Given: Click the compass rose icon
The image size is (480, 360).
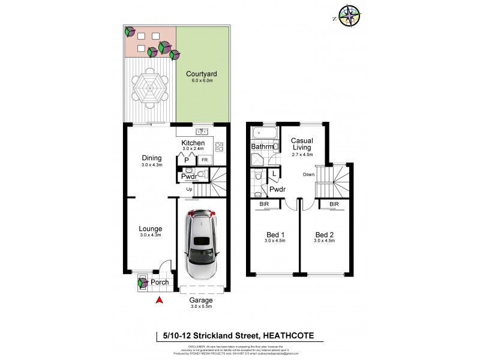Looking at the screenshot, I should (349, 16).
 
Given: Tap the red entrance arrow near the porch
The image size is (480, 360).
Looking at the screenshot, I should (159, 300).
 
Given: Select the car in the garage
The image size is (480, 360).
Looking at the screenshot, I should (202, 244).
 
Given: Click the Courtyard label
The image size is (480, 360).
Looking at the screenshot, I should (201, 74).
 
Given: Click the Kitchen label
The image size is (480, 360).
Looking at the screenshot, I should (193, 143).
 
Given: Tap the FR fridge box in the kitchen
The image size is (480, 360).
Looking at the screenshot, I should (204, 160).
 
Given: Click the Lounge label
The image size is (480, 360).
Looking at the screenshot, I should (151, 229).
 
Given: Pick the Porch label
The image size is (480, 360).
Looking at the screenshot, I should (159, 283).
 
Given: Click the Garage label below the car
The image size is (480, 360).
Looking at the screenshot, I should (201, 301).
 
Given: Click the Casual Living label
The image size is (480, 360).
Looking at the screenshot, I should (302, 145).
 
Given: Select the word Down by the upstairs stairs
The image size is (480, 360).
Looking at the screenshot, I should (309, 175).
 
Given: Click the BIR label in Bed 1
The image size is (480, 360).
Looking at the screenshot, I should (265, 205).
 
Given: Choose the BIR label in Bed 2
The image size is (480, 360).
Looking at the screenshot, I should (334, 205).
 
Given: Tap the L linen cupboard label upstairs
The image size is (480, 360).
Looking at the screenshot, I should (274, 174).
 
